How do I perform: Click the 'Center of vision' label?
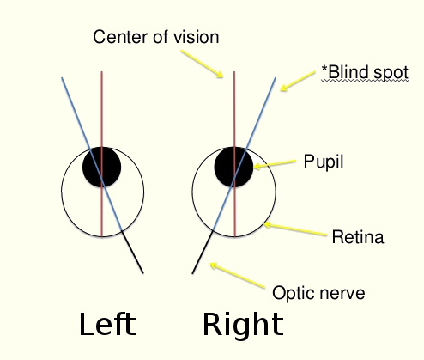[156, 37]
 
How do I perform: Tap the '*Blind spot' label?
[365, 72]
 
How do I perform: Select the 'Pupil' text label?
[324, 162]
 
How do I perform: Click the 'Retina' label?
[358, 237]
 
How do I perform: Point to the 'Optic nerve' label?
[318, 293]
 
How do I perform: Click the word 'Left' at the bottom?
[107, 324]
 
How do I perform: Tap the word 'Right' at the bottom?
[243, 326]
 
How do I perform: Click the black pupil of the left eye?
[101, 167]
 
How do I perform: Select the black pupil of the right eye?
[233, 167]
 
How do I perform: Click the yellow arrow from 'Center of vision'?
[202, 64]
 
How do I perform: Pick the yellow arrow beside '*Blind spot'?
[298, 81]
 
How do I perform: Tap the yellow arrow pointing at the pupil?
[275, 164]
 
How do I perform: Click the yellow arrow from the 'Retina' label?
[295, 230]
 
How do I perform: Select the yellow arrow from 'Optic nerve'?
[238, 275]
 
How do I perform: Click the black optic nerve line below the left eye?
[132, 252]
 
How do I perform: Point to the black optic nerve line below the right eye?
[203, 252]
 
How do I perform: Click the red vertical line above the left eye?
[101, 109]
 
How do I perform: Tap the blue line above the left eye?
[76, 113]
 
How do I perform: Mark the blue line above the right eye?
[261, 113]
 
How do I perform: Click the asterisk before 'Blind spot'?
[324, 69]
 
